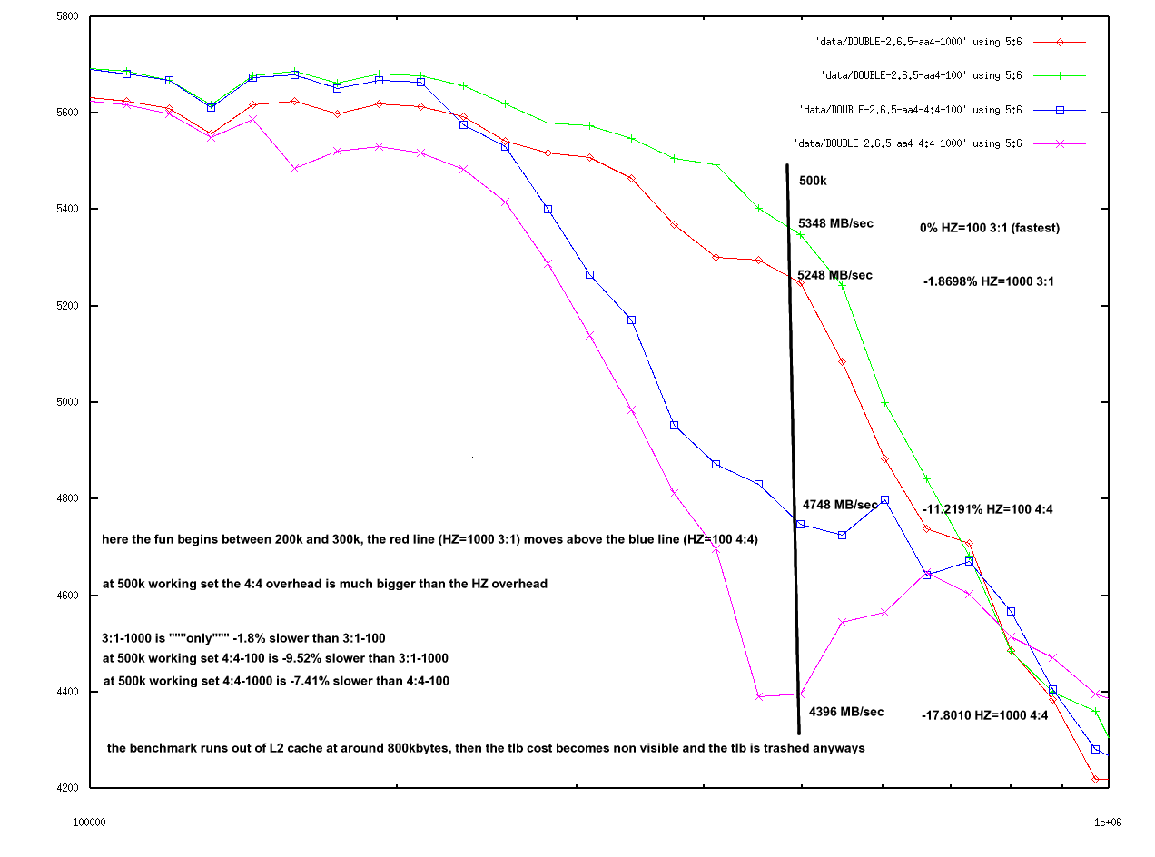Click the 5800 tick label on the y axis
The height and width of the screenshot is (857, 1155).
(x=68, y=16)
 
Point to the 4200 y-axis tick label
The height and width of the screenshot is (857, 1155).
(x=68, y=788)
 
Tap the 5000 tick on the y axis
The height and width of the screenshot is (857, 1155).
(x=68, y=402)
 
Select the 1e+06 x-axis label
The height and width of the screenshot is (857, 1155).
(x=1107, y=822)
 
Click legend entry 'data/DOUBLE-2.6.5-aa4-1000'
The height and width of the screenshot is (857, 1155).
(x=919, y=42)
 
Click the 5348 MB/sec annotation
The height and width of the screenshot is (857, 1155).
(x=835, y=222)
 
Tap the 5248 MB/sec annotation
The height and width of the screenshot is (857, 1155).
(x=835, y=275)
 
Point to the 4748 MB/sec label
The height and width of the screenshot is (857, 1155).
(x=840, y=505)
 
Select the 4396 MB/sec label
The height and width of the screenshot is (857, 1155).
(x=846, y=712)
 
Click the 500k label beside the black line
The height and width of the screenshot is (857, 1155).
(x=813, y=181)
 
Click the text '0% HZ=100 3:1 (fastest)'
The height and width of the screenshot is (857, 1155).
(x=990, y=228)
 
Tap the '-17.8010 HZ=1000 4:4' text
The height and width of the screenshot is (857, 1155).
(x=985, y=715)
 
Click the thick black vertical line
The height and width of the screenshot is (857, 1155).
(x=793, y=454)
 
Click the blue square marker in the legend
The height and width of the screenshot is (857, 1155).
(x=1058, y=110)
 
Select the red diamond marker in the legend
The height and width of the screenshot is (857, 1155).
(x=1058, y=42)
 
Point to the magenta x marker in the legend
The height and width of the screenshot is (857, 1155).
(x=1058, y=143)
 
